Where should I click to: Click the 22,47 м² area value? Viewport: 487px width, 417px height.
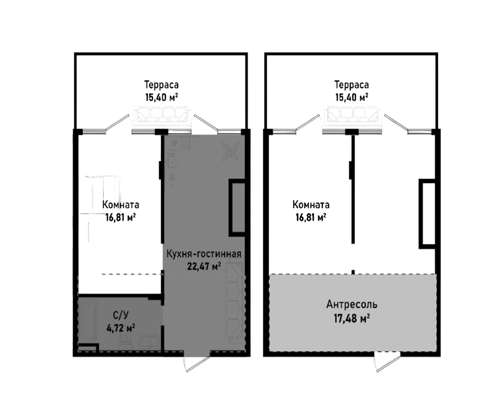pyautogui.click(x=204, y=266)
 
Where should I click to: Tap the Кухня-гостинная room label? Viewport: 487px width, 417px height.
pyautogui.click(x=204, y=254)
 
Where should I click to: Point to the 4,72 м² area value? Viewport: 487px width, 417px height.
pyautogui.click(x=121, y=327)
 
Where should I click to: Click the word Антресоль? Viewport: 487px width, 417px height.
pyautogui.click(x=352, y=304)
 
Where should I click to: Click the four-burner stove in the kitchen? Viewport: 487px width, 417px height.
pyautogui.click(x=185, y=143)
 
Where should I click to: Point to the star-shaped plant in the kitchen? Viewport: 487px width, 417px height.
pyautogui.click(x=231, y=151)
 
